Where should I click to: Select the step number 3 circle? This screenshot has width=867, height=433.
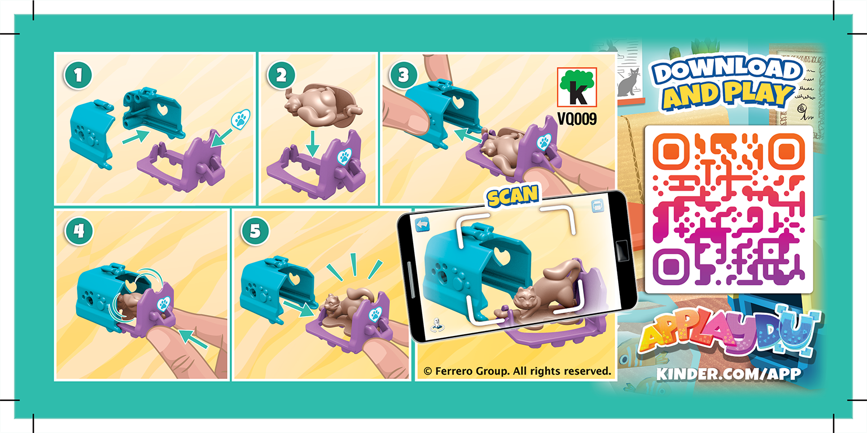point(402,75)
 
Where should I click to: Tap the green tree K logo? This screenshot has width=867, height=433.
point(577,87)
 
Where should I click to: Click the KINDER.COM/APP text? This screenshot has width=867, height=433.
point(728,374)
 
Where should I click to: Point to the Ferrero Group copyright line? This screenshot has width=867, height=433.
point(517,371)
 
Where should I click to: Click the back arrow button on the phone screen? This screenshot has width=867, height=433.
point(422,225)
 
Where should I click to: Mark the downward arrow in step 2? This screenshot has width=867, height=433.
point(312,148)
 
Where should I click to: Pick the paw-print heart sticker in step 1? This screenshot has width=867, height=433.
point(241,120)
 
